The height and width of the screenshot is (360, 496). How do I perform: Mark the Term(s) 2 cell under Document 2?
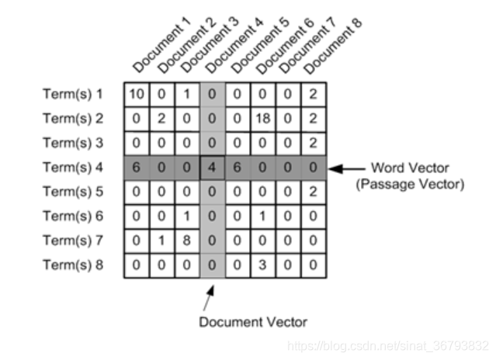(x=161, y=119)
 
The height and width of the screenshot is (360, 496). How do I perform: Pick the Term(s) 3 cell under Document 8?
(x=311, y=144)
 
